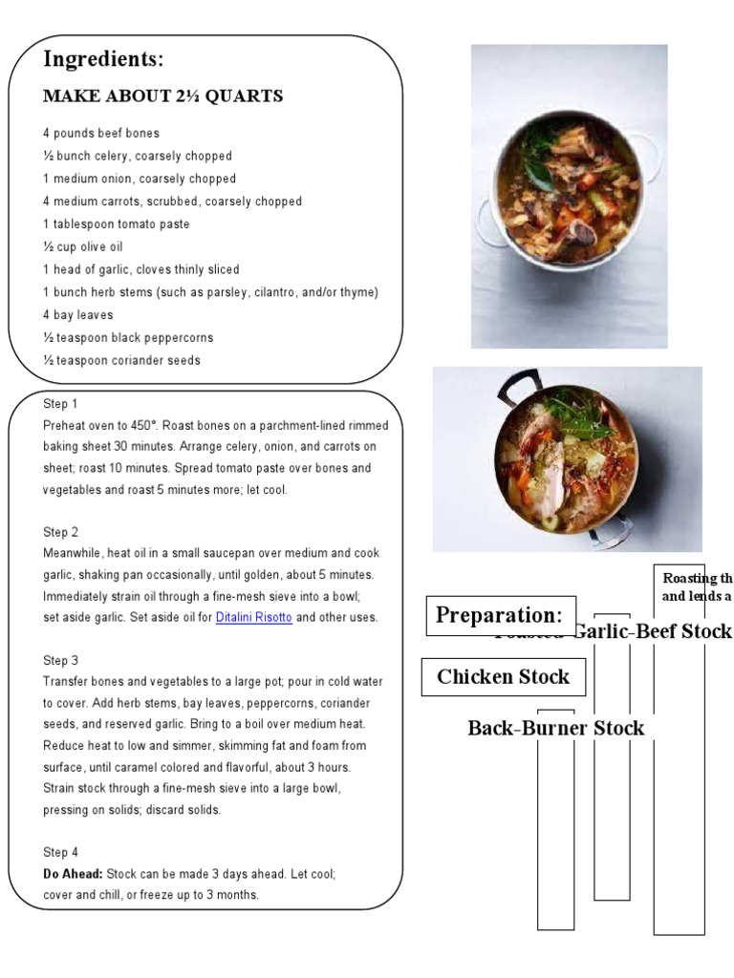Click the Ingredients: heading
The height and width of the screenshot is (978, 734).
[103, 59]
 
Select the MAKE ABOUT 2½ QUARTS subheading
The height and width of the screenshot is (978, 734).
[162, 96]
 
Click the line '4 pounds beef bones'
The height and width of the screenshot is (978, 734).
[100, 133]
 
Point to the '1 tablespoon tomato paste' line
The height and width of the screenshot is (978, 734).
[116, 223]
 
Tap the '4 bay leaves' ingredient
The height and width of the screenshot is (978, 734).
[77, 315]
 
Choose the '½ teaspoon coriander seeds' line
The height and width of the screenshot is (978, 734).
[121, 360]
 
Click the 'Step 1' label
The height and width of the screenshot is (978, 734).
[60, 404]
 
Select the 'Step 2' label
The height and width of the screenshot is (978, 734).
[60, 532]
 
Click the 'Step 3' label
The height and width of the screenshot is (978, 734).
[60, 660]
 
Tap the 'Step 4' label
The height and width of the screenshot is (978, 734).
[60, 852]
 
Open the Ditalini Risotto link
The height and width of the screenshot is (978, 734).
[254, 618]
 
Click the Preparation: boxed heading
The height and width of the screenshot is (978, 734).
[500, 615]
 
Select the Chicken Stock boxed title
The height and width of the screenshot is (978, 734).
[503, 677]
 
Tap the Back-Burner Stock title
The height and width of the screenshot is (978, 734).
[555, 729]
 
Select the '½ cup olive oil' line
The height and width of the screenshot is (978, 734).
[83, 246]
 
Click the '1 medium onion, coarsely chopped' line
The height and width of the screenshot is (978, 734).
[139, 179]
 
